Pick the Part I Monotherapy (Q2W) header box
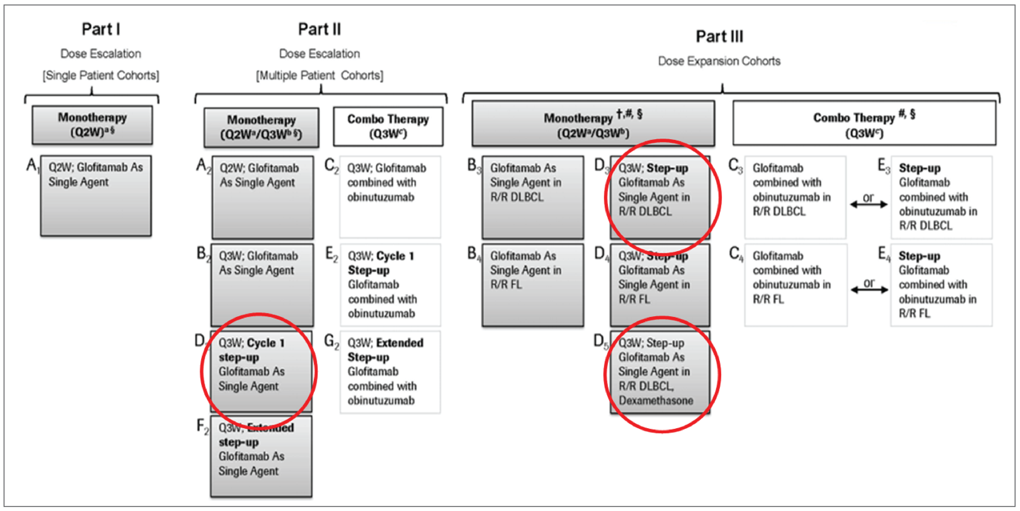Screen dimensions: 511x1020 tap(92, 124)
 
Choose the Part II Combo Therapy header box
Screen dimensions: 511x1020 tap(388, 126)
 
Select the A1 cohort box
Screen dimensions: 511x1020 tap(96, 196)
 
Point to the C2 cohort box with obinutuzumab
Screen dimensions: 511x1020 tap(390, 197)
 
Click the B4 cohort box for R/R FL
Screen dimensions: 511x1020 tap(533, 285)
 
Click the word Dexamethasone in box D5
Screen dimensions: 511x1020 tap(656, 401)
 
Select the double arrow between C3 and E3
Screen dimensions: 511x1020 tap(869, 204)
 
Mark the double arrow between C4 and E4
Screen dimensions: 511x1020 tap(869, 290)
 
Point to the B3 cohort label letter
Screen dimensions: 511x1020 tap(472, 165)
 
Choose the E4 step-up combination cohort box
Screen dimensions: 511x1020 tap(941, 285)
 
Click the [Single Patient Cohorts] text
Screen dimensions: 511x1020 tap(101, 75)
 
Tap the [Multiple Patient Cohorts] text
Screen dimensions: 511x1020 tap(319, 75)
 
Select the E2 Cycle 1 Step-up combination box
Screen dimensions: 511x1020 tap(390, 285)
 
